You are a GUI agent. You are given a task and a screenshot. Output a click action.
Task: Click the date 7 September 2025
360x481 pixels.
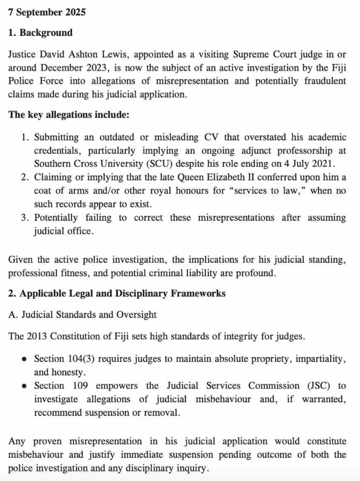click(x=47, y=13)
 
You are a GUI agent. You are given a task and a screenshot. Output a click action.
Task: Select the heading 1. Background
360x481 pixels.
click(x=40, y=33)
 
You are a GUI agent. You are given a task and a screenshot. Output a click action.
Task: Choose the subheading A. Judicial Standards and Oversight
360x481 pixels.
click(x=82, y=315)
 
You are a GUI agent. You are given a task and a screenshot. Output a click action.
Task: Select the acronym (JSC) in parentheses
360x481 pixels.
click(x=317, y=386)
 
